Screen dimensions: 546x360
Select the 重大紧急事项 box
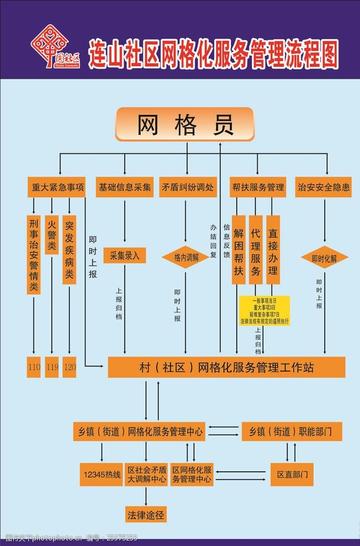click(x=54, y=187)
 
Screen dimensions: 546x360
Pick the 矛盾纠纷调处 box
click(x=187, y=187)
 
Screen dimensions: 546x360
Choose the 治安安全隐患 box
click(x=323, y=187)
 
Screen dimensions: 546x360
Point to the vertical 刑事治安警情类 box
click(x=34, y=254)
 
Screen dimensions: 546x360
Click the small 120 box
click(x=69, y=368)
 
